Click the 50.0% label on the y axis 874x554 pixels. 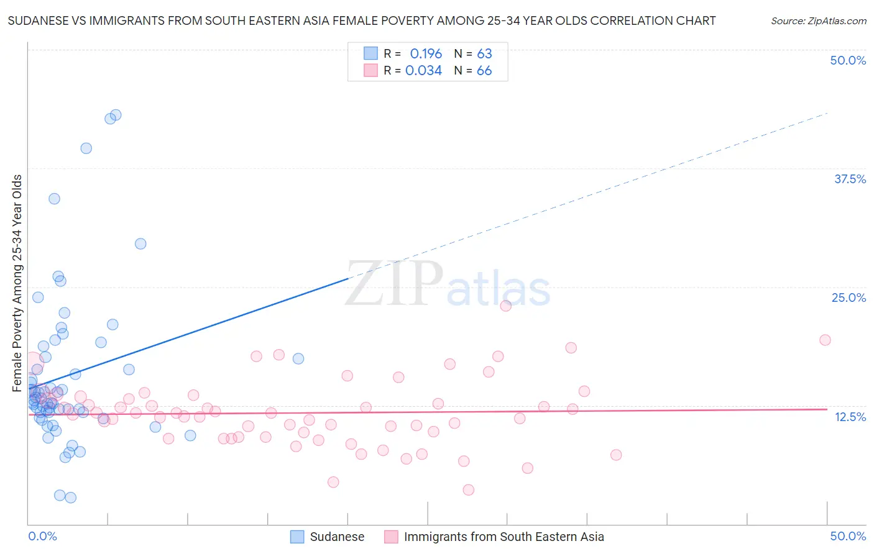click(x=848, y=60)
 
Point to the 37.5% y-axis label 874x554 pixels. click(x=850, y=179)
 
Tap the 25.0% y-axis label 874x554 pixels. click(x=849, y=297)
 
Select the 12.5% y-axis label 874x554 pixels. click(x=850, y=417)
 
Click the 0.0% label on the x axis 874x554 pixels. click(x=42, y=536)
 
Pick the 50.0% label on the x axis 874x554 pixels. click(x=848, y=536)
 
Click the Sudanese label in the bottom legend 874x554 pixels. click(x=337, y=537)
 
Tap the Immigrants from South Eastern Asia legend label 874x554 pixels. click(x=504, y=537)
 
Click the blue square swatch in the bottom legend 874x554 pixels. click(x=297, y=537)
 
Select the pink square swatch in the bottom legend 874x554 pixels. click(x=391, y=537)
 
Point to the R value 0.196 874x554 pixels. click(x=426, y=53)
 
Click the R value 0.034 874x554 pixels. click(x=423, y=71)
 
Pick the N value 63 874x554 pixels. click(x=484, y=53)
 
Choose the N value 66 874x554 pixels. click(x=484, y=71)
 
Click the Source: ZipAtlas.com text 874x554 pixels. click(x=818, y=21)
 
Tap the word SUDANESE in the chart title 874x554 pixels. click(x=37, y=21)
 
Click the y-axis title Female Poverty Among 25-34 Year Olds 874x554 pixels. click(x=17, y=283)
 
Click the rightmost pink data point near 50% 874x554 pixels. click(x=825, y=340)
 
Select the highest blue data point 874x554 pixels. click(x=116, y=115)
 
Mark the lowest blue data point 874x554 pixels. click(x=71, y=497)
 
